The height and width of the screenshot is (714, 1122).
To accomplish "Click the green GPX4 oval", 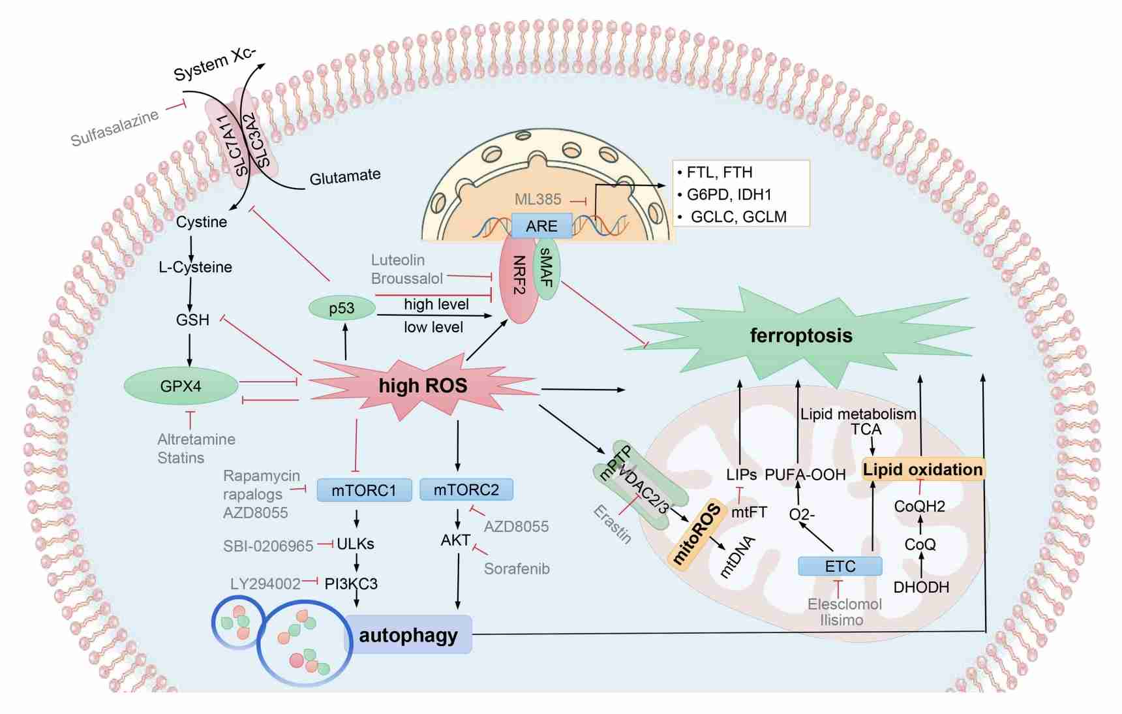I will (181, 386).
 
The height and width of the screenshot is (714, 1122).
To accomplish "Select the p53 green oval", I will (342, 308).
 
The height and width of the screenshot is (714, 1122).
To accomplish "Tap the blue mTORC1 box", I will (364, 490).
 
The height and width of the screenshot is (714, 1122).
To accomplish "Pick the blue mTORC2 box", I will (466, 489).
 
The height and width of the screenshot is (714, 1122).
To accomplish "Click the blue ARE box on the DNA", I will (541, 226).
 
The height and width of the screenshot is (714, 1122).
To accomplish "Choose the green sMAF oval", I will (547, 268).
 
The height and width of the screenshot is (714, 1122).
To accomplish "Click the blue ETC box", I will (840, 566).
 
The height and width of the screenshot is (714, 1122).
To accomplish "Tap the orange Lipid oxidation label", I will (922, 469).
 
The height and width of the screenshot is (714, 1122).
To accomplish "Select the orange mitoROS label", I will (697, 535).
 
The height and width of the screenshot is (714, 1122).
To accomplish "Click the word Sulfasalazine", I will (115, 128).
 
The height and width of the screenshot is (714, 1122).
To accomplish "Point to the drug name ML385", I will (538, 199).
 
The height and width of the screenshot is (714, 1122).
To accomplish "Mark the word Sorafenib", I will (517, 568).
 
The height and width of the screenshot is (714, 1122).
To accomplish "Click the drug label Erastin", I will (613, 525).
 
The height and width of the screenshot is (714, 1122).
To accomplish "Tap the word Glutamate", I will (344, 177).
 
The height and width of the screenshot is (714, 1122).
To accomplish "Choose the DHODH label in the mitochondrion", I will (921, 587).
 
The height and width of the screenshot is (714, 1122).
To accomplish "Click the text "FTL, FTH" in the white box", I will (720, 172).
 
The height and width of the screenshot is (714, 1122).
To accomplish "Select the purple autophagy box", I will (408, 634).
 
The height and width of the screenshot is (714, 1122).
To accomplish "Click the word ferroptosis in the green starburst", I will (801, 335).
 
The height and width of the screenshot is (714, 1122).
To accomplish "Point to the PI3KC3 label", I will (351, 583).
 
